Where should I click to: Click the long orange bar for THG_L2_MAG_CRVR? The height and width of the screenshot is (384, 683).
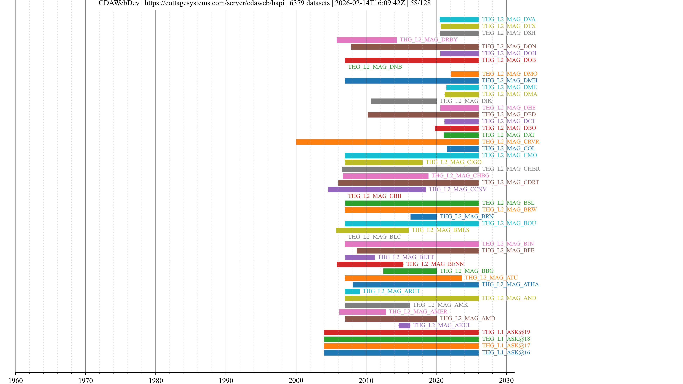(x=387, y=142)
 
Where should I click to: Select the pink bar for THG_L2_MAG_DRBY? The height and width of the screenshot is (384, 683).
(x=366, y=40)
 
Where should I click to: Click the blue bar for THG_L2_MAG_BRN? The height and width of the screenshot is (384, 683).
(x=423, y=217)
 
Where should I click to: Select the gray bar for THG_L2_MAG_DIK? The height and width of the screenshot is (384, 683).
(x=404, y=101)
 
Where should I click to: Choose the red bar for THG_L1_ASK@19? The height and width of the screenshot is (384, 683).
(x=401, y=332)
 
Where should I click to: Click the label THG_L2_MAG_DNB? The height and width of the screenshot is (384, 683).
(x=375, y=67)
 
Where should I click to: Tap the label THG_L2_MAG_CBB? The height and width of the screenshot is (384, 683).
(x=374, y=196)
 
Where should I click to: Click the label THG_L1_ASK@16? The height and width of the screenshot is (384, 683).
(x=506, y=353)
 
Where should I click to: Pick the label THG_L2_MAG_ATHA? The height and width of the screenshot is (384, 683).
(x=510, y=284)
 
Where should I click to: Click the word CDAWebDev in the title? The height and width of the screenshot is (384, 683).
(x=119, y=3)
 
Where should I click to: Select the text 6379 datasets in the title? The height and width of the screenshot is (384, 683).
(x=309, y=3)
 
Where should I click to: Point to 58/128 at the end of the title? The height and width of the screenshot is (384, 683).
(x=420, y=3)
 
